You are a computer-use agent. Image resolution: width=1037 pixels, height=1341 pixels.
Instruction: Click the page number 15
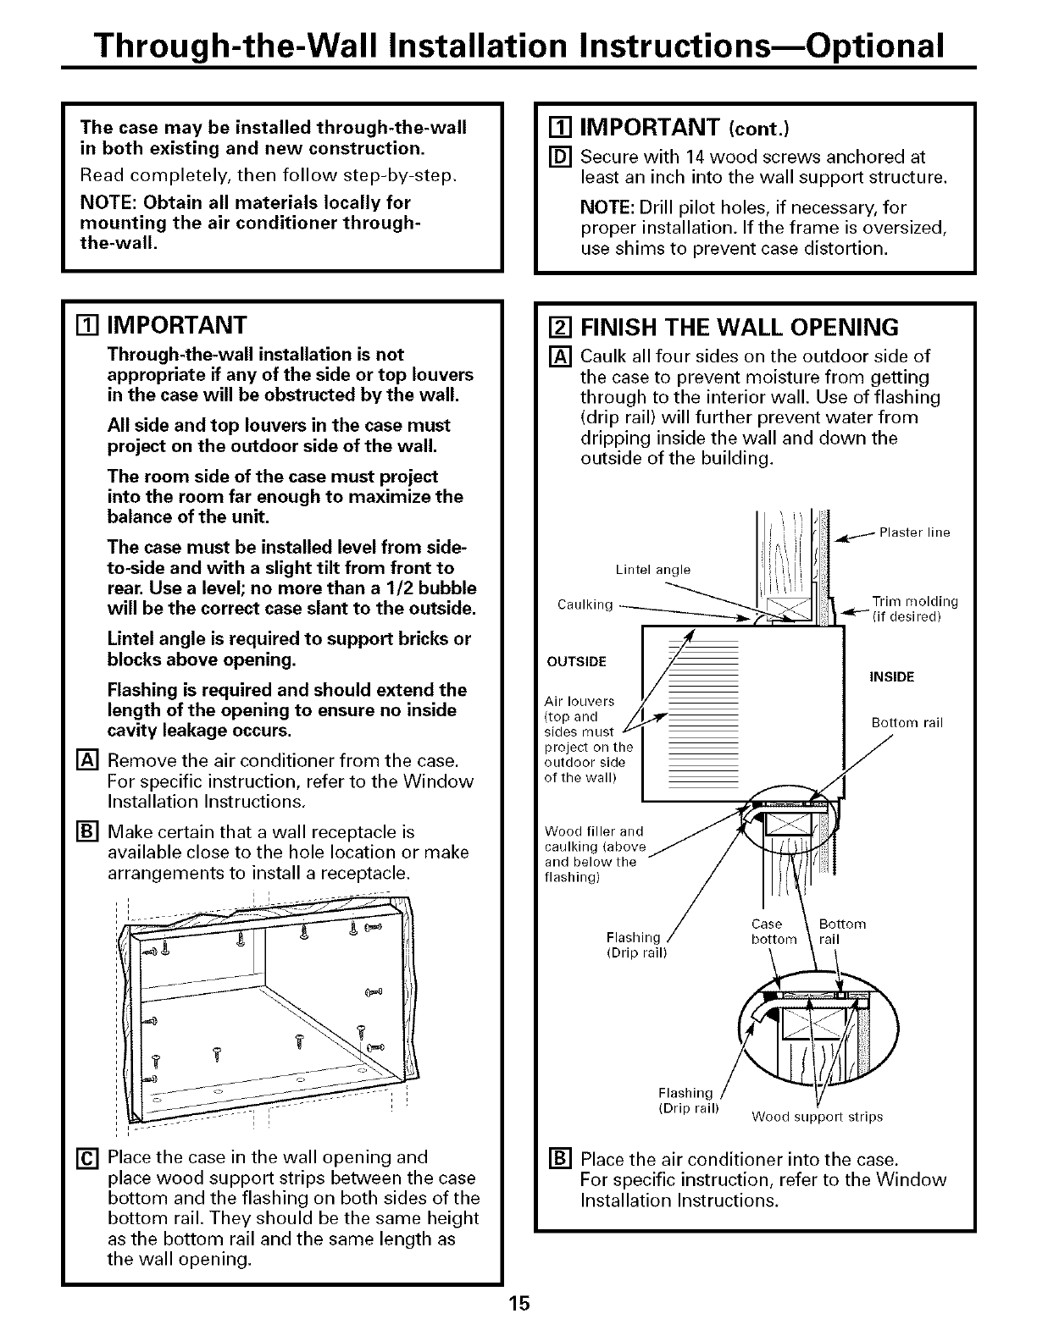[x=518, y=1303]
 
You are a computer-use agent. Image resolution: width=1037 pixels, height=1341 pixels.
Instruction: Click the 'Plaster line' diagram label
[x=914, y=533]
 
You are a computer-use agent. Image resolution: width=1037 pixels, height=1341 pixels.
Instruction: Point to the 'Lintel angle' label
[x=652, y=570]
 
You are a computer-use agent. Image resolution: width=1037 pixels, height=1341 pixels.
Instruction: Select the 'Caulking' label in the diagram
[x=585, y=604]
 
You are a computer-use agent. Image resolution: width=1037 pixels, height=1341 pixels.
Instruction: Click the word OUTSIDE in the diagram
[x=574, y=661]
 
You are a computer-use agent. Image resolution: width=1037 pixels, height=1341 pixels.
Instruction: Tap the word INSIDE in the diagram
[x=891, y=676]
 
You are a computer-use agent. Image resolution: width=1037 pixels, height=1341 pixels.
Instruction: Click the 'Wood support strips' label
[x=817, y=1117]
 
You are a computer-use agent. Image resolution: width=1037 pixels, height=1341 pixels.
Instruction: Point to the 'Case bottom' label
[x=774, y=931]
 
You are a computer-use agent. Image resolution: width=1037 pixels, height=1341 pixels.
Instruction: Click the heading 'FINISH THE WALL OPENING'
[x=739, y=327]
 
